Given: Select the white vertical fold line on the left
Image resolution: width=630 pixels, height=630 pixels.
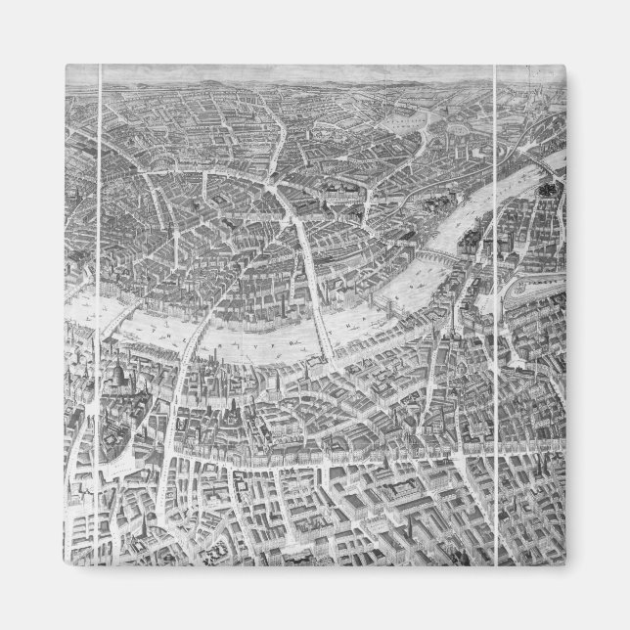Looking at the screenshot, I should pos(103,293).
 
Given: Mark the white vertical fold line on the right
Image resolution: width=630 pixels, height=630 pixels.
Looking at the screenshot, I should pos(498,293).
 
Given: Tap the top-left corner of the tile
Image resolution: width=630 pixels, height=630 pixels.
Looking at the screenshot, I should pos(65,65).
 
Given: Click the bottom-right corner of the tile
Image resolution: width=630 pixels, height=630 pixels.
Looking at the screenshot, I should pos(564,564).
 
